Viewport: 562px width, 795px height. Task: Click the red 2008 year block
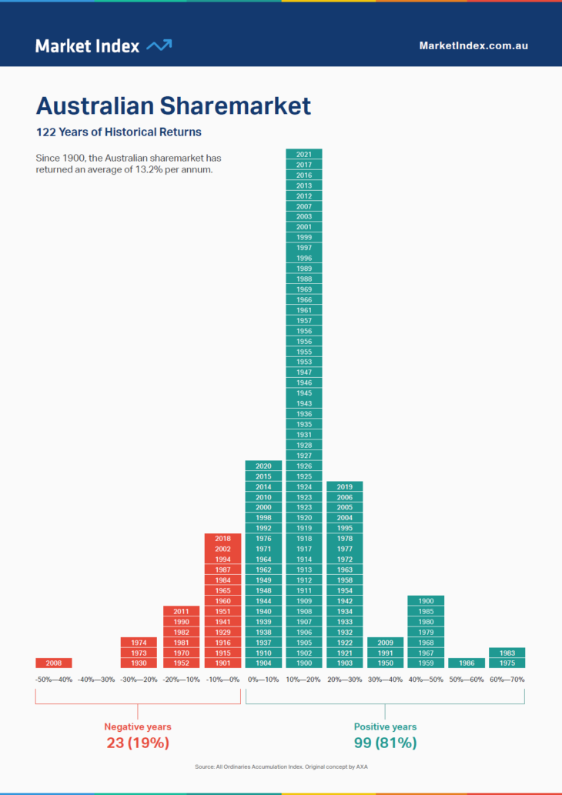tap(54, 663)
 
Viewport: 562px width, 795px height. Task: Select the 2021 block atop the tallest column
tap(304, 154)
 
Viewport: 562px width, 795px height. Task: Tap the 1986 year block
tap(467, 663)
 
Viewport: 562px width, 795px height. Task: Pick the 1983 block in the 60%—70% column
tap(507, 653)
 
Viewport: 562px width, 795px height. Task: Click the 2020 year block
tap(263, 466)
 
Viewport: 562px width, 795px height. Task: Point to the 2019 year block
tap(345, 486)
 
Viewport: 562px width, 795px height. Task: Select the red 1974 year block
tap(139, 642)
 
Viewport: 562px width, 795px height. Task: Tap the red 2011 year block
tap(182, 611)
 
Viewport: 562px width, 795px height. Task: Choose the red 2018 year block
tap(222, 539)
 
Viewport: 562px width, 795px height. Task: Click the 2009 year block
tap(386, 642)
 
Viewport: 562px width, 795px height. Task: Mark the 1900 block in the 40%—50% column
tap(426, 600)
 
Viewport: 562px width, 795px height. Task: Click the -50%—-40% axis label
tap(54, 680)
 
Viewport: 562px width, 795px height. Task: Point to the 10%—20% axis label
tap(304, 680)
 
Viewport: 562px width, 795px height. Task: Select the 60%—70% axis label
tap(507, 680)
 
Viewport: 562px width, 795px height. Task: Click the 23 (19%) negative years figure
tap(138, 743)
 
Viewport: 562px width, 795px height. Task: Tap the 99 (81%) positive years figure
tap(385, 743)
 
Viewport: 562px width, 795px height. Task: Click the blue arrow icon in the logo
tap(159, 45)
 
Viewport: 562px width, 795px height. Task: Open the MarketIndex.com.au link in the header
tap(473, 45)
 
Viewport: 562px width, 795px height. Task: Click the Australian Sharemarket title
tap(174, 106)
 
